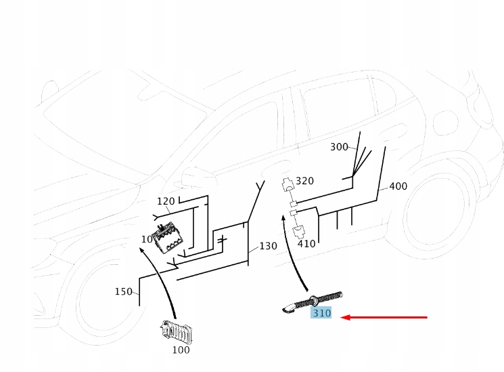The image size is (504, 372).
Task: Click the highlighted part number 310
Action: pos(321,313)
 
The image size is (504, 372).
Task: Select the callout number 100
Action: pos(181,350)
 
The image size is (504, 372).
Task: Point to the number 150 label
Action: pos(123,291)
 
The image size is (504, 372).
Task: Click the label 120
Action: pos(166,201)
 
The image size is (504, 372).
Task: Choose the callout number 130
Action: pos(269,246)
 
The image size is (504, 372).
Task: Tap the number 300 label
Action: pos(339,147)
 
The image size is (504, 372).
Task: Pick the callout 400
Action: pos(398,186)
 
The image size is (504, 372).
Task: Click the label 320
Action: pos(305,181)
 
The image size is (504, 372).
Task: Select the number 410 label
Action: pos(306,243)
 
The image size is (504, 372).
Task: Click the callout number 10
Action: pos(147,239)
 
